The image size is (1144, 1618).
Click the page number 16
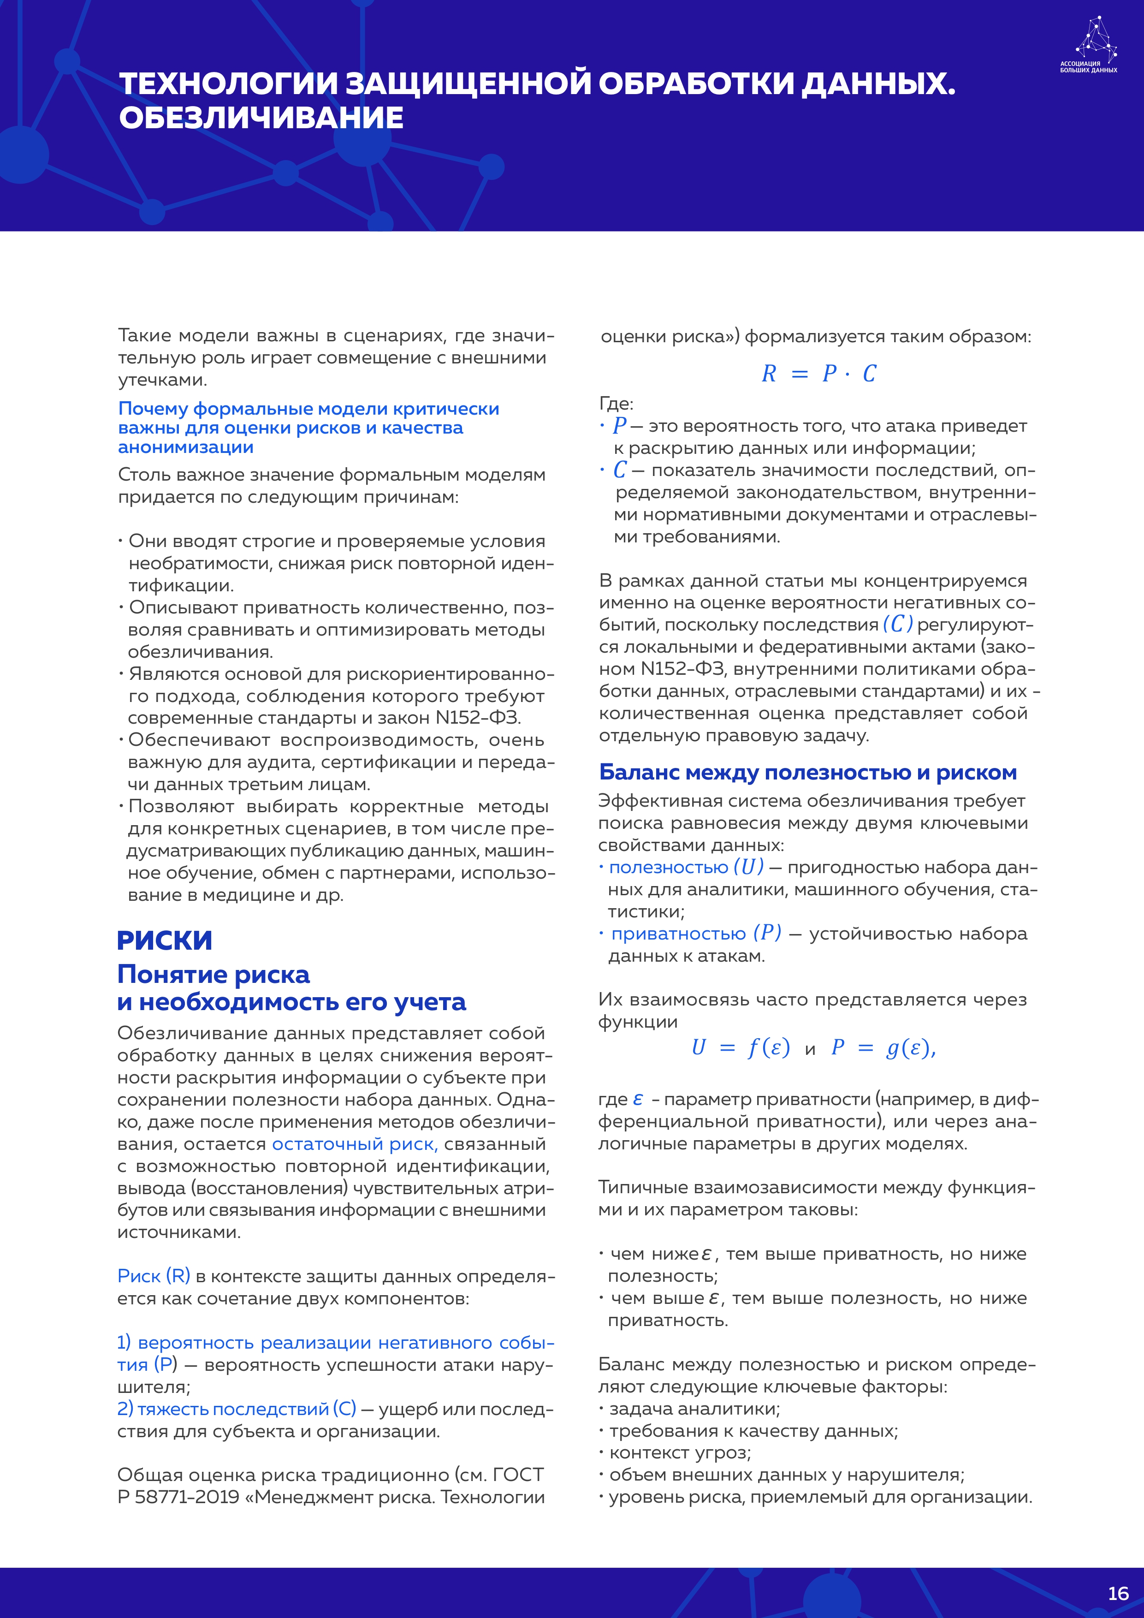coord(1118,1594)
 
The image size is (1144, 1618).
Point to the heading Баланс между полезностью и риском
coord(807,773)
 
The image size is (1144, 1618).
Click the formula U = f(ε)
coord(741,1048)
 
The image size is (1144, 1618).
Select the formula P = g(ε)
coord(883,1048)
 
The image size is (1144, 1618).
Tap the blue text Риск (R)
coord(154,1275)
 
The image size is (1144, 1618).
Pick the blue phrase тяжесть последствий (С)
coord(237,1409)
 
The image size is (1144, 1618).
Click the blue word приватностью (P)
coord(696,933)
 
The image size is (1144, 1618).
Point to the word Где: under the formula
coord(616,404)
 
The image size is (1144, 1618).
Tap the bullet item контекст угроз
coord(680,1452)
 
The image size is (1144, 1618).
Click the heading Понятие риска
coord(213,975)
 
